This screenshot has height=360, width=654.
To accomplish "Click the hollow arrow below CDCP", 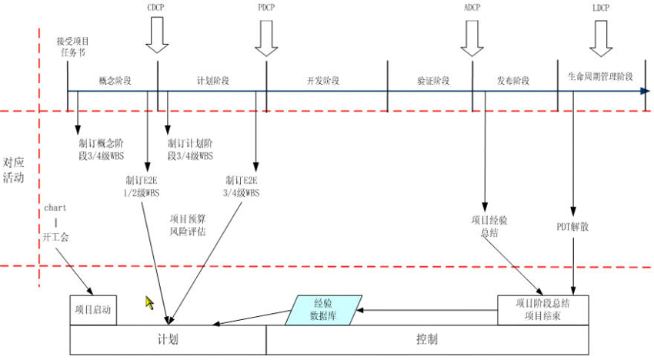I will [x=157, y=35].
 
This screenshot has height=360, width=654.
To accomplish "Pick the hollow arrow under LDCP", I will [x=602, y=38].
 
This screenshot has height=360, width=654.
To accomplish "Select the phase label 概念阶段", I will [x=115, y=80].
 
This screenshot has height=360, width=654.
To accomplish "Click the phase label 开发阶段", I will [x=323, y=80].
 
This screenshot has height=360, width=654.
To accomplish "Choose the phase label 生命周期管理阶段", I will [x=600, y=77].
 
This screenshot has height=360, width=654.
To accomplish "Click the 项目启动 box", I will [x=93, y=311].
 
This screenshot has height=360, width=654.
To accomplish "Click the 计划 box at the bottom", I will [x=168, y=339].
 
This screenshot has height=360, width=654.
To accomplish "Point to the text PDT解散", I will [x=572, y=227].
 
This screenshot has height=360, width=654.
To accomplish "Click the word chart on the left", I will [x=56, y=208].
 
